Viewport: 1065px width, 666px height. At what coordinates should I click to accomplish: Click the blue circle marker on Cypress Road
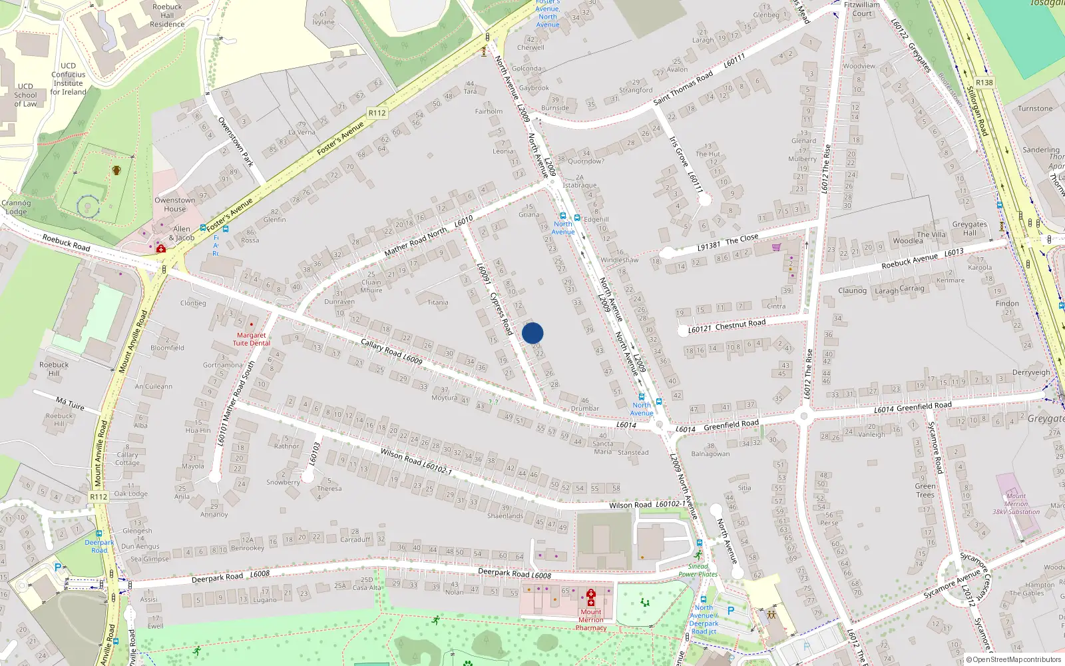pyautogui.click(x=532, y=333)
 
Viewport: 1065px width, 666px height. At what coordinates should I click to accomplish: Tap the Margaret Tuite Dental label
pyautogui.click(x=251, y=339)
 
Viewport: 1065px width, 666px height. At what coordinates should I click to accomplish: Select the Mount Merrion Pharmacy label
pyautogui.click(x=591, y=619)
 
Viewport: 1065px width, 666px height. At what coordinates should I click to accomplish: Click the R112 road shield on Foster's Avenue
pyautogui.click(x=377, y=113)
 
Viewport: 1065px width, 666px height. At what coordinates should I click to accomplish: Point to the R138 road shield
pyautogui.click(x=984, y=83)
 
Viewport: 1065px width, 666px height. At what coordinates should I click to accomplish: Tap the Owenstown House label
pyautogui.click(x=175, y=204)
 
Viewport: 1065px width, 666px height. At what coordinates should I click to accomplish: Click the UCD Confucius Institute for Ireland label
pyautogui.click(x=69, y=79)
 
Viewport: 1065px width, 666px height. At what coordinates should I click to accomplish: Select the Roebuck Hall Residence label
pyautogui.click(x=167, y=15)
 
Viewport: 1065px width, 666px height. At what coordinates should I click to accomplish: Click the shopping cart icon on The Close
pyautogui.click(x=776, y=248)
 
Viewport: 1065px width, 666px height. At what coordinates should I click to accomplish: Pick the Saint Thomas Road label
pyautogui.click(x=682, y=88)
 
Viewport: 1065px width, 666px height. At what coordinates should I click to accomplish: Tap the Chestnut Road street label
pyautogui.click(x=740, y=324)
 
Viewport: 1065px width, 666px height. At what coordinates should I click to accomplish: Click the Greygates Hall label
pyautogui.click(x=969, y=228)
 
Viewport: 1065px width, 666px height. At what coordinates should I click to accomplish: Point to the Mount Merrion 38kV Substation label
pyautogui.click(x=1016, y=504)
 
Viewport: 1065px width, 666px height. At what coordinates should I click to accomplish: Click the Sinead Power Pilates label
pyautogui.click(x=698, y=570)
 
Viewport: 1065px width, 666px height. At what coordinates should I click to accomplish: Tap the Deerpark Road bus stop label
pyautogui.click(x=99, y=546)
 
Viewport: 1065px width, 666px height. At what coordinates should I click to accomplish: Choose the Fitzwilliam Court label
pyautogui.click(x=861, y=9)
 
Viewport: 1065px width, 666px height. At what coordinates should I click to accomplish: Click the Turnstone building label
pyautogui.click(x=1035, y=109)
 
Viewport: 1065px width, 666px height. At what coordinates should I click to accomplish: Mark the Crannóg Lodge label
pyautogui.click(x=16, y=207)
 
